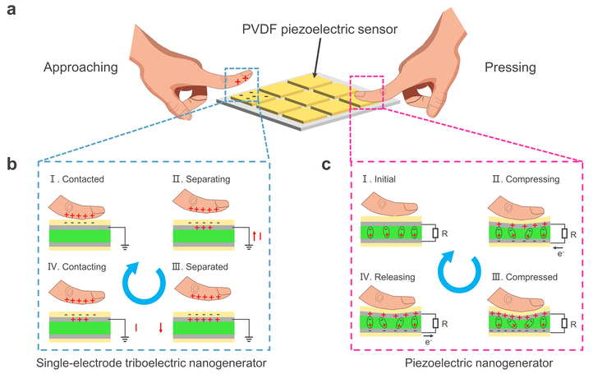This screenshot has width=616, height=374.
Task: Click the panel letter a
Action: coord(11,9)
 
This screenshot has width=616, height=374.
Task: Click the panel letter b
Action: coord(11,164)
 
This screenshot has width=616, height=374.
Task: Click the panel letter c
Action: coord(326,164)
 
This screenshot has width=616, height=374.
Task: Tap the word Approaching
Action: coord(80,67)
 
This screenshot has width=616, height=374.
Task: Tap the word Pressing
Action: coord(510,67)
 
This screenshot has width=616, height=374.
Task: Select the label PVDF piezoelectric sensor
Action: coord(319,30)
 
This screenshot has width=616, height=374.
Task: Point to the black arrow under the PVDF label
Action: coord(317,57)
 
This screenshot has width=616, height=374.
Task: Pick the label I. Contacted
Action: coord(77,179)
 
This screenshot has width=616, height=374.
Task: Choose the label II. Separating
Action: coord(201,179)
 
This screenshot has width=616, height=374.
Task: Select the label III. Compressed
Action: coord(525,277)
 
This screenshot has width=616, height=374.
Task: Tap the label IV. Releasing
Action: coord(388,277)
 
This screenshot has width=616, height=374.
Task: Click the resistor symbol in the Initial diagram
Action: coord(435,233)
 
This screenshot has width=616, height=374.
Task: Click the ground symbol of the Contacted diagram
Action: coord(126,247)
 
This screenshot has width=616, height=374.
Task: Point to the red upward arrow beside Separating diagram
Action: coord(254,237)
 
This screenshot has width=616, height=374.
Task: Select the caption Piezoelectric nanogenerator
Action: coord(479,363)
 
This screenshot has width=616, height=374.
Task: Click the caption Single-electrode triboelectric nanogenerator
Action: coord(151,363)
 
